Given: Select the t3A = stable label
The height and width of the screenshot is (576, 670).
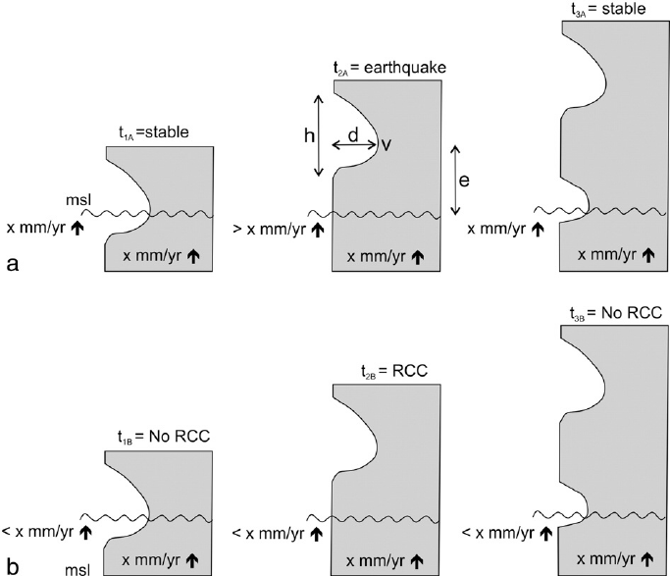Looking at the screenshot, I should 608,9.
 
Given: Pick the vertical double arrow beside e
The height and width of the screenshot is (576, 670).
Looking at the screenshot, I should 453,180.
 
